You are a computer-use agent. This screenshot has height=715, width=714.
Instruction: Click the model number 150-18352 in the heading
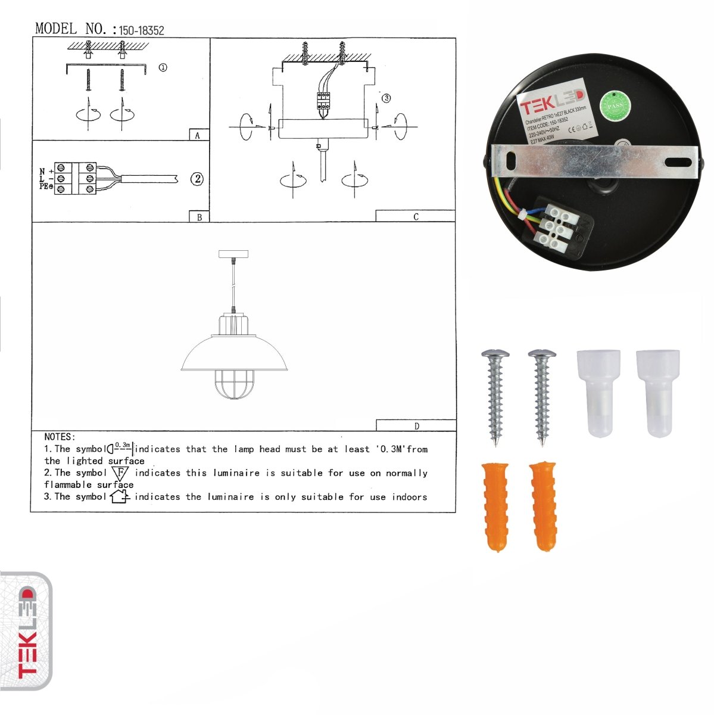point(142,30)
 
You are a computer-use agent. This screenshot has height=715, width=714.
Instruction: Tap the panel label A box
point(198,135)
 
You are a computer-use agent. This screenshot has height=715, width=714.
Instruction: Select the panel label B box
point(199,217)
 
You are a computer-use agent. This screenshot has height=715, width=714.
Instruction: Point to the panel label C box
point(415,216)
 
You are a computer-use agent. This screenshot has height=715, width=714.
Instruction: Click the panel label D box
point(416,425)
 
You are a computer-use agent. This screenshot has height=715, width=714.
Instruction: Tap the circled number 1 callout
point(163,67)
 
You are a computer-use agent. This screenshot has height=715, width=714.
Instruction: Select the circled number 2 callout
point(197,179)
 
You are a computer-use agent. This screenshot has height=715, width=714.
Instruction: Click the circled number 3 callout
point(386,98)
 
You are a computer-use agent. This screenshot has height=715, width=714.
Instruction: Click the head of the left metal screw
point(495,355)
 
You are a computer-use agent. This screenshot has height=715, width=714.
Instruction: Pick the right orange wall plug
point(542,505)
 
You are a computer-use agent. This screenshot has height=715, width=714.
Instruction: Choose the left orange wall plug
point(494,505)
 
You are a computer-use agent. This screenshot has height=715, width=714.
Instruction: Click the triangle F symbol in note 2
point(120,474)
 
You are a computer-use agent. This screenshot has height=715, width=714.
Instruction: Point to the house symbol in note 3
point(120,496)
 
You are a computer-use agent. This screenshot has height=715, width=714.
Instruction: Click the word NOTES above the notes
point(60,437)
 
